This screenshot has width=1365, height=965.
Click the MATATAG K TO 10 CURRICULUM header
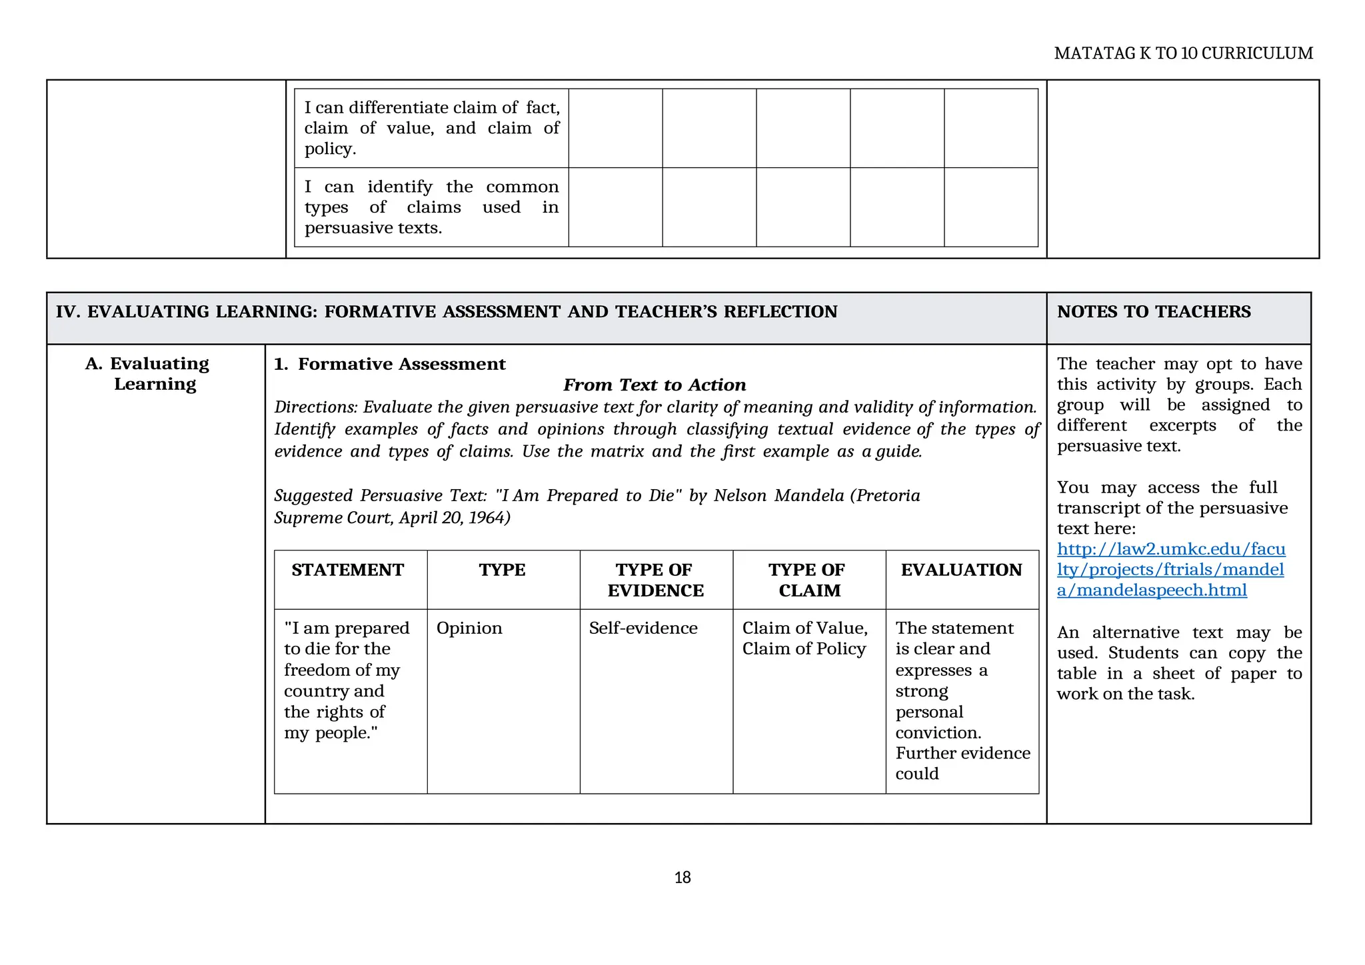[x=1183, y=53]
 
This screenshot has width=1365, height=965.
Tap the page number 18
[x=682, y=878]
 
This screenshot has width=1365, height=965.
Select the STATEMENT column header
[x=347, y=570]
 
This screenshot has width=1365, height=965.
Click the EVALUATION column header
[x=961, y=570]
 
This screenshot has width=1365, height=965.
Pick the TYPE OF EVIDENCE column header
[x=655, y=580]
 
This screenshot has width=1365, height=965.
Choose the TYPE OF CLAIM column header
[x=808, y=580]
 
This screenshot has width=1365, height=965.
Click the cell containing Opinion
[x=469, y=628]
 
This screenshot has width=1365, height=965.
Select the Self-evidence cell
[x=643, y=628]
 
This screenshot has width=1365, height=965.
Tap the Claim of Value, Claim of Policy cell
[x=804, y=638]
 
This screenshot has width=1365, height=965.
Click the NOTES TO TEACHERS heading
[x=1154, y=312]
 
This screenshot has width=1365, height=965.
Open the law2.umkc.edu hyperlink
[x=1170, y=570]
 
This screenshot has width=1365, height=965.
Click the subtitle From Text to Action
[x=655, y=385]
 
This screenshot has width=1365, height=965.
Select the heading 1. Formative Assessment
[x=390, y=364]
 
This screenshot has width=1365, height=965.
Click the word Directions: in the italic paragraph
[x=316, y=407]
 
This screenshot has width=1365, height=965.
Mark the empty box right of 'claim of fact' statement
[x=615, y=128]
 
